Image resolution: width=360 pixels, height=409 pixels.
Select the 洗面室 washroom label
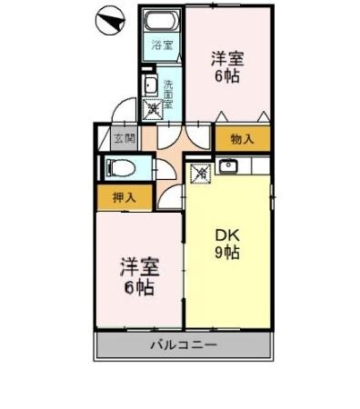[169, 93]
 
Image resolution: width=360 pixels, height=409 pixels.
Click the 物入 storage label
[241, 139]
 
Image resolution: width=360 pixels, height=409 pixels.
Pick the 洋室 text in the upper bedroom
[226, 58]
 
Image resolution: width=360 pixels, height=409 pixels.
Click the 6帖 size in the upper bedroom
[226, 76]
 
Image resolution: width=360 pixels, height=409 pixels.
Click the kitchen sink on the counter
[228, 167]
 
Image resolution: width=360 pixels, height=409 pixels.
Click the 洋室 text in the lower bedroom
[139, 269]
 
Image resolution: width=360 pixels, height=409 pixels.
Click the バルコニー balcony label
[183, 345]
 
